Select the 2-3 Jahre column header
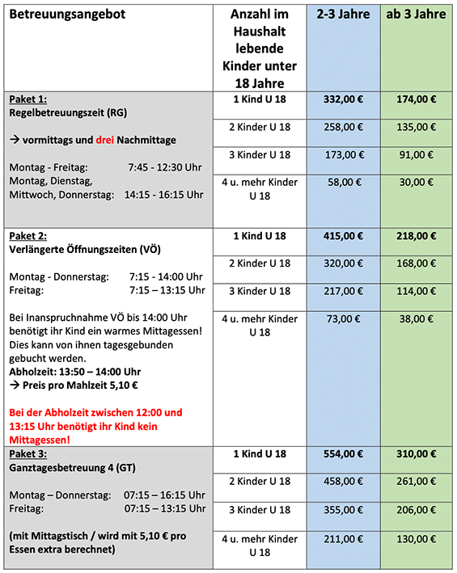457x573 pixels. (343, 15)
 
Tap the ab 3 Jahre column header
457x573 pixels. (417, 15)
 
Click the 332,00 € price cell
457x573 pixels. (343, 99)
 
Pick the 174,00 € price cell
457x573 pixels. (417, 99)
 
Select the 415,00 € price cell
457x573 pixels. (343, 236)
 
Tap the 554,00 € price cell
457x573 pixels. (343, 453)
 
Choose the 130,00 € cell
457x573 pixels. (417, 539)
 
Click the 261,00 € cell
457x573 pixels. (417, 482)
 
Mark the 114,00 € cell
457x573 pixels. (417, 290)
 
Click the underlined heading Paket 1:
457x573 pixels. (28, 99)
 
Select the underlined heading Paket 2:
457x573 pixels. (28, 236)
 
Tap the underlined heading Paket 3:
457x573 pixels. (28, 453)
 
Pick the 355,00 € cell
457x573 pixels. (343, 510)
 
